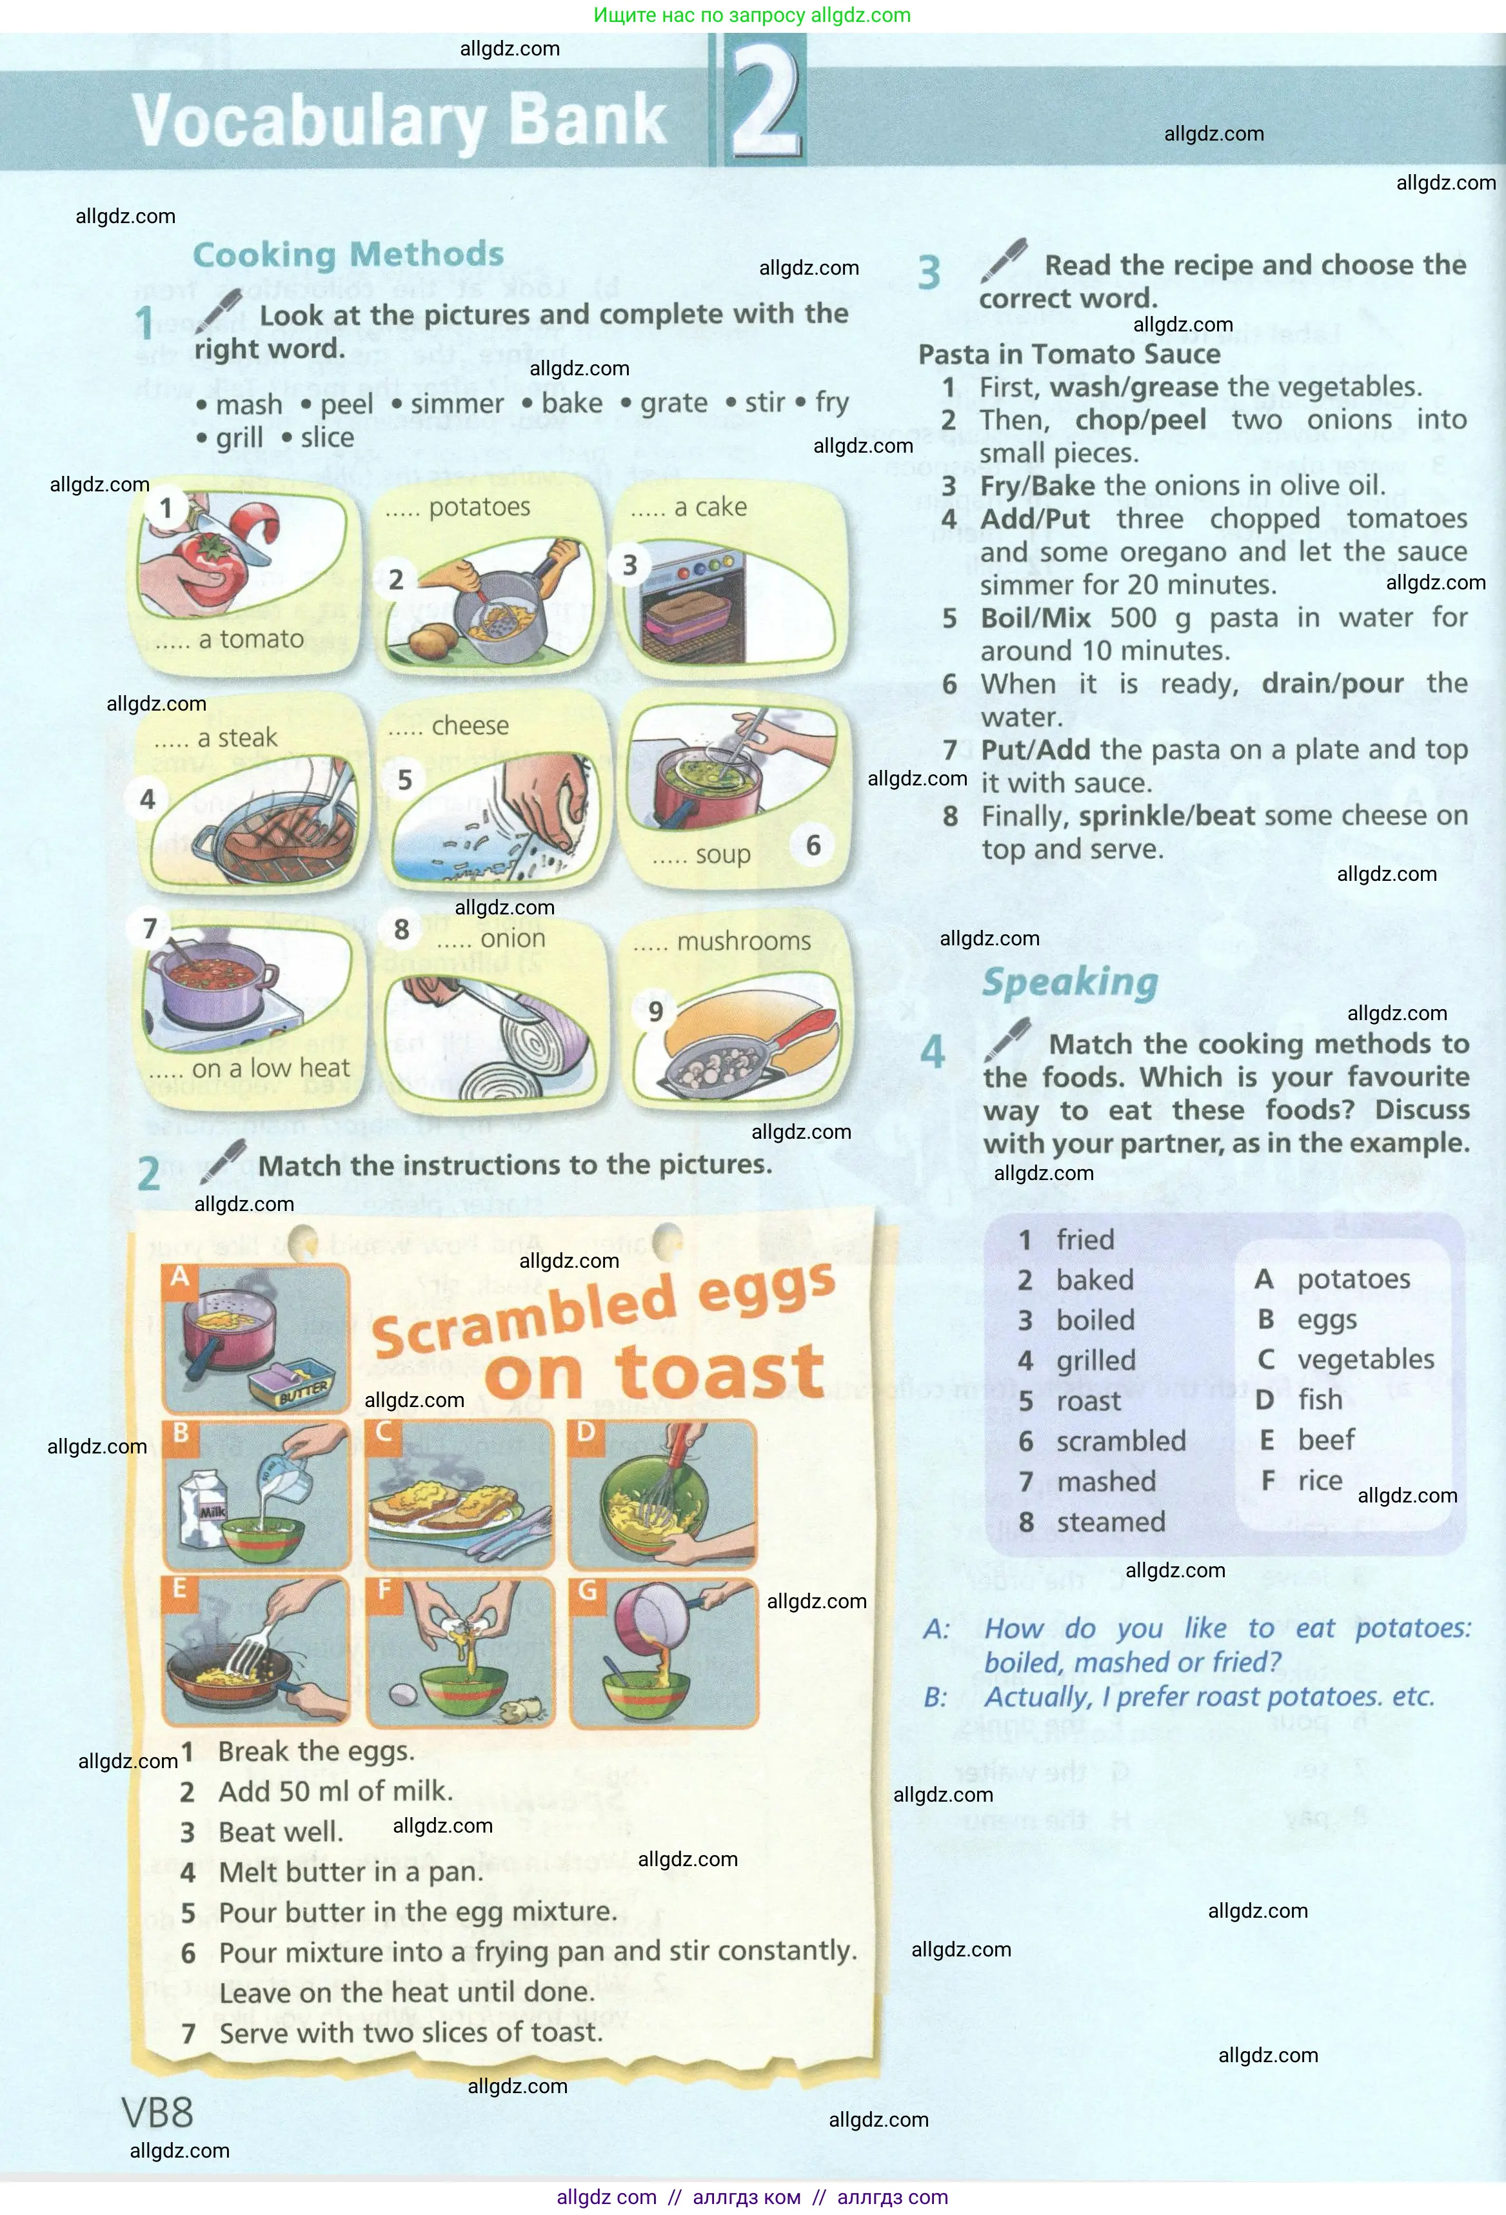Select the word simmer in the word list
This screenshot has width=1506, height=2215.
click(x=457, y=404)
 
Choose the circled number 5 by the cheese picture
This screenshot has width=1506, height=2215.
click(x=405, y=780)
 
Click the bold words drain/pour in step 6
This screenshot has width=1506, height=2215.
click(x=1332, y=684)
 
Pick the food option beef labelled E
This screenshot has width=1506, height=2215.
click(x=1325, y=1439)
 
